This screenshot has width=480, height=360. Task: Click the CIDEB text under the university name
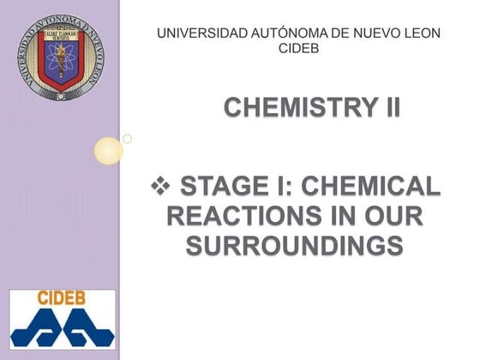[x=299, y=48]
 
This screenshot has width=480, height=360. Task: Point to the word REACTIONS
[x=235, y=215]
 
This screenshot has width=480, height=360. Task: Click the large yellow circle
[x=109, y=151]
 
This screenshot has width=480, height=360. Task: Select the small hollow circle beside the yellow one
[x=127, y=138]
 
